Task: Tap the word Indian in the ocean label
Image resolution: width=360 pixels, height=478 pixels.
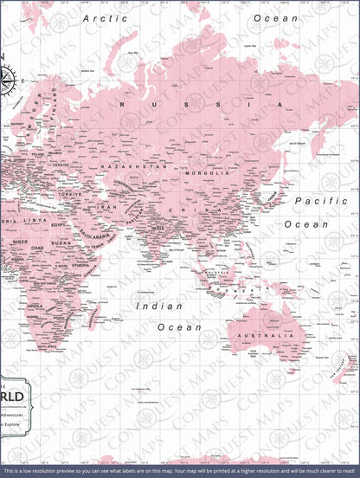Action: coord(159,306)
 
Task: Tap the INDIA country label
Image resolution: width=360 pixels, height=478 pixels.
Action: coord(157,229)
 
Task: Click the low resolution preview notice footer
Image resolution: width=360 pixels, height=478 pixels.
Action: coord(180,471)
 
